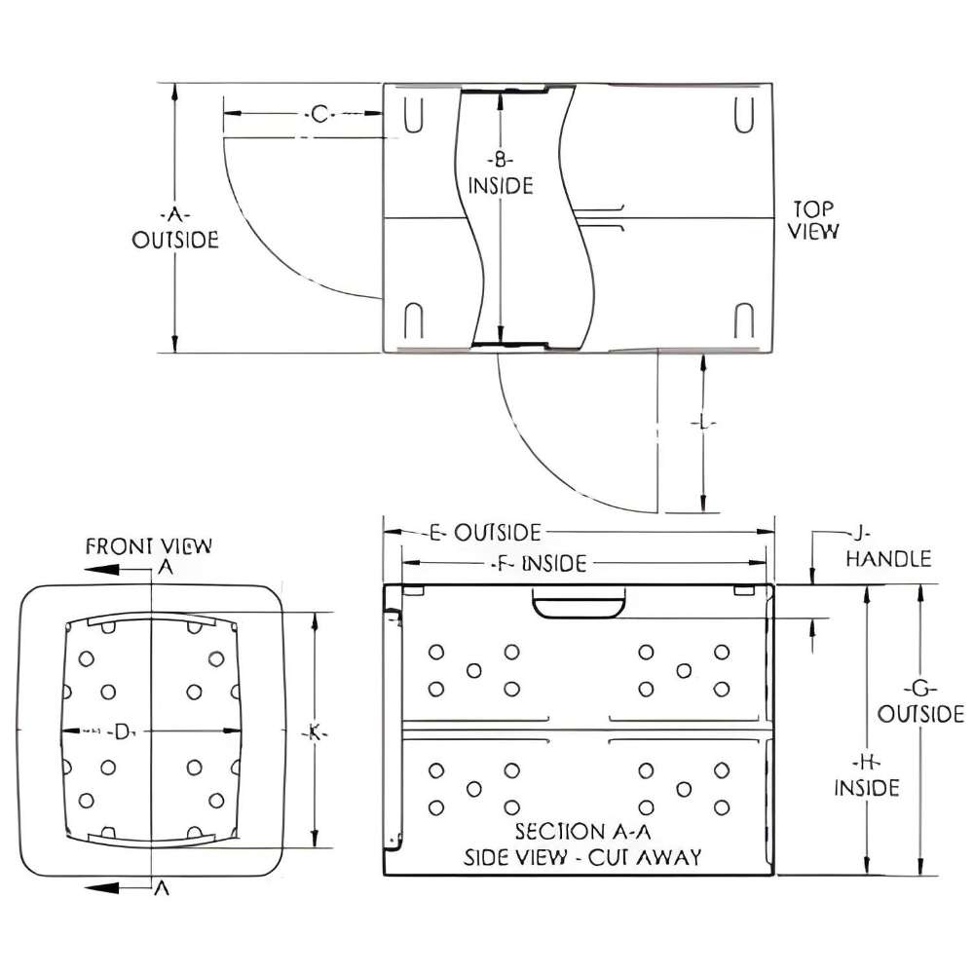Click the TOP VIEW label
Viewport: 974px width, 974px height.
click(815, 220)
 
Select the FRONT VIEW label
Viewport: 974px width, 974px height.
click(148, 545)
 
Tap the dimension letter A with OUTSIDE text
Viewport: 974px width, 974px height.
click(175, 227)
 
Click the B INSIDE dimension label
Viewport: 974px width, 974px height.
click(501, 172)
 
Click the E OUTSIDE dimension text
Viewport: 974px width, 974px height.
click(484, 532)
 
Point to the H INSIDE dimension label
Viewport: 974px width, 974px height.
click(866, 774)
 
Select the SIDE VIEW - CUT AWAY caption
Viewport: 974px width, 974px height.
click(581, 857)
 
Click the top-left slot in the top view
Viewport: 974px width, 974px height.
click(414, 114)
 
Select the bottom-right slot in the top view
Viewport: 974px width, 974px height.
click(744, 321)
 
